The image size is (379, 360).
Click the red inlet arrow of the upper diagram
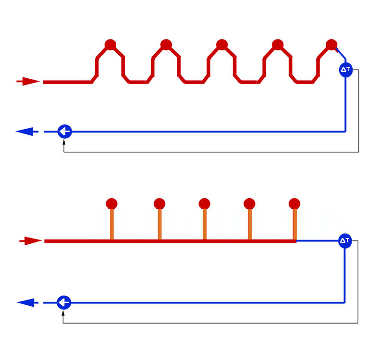[28, 81]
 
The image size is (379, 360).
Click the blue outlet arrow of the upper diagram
[27, 132]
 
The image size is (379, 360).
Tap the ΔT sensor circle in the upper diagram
[346, 70]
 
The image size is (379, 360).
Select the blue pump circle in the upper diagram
[65, 132]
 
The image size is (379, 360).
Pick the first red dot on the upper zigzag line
[110, 45]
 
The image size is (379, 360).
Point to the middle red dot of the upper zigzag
[222, 45]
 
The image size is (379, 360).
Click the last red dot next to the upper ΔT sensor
[331, 45]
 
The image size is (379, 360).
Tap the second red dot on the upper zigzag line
[166, 45]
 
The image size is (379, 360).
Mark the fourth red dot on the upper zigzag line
[278, 45]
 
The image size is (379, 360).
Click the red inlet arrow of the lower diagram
[31, 241]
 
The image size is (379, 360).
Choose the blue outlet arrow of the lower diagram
[27, 302]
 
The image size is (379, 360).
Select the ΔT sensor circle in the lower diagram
[345, 241]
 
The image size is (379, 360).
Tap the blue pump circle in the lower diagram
[64, 302]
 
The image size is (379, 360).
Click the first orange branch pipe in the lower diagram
[111, 224]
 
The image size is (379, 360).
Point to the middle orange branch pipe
[205, 224]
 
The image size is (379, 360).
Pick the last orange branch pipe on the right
[294, 224]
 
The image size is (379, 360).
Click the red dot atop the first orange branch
[111, 204]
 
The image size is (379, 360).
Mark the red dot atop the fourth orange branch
[249, 204]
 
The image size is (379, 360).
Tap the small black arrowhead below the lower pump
[63, 313]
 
